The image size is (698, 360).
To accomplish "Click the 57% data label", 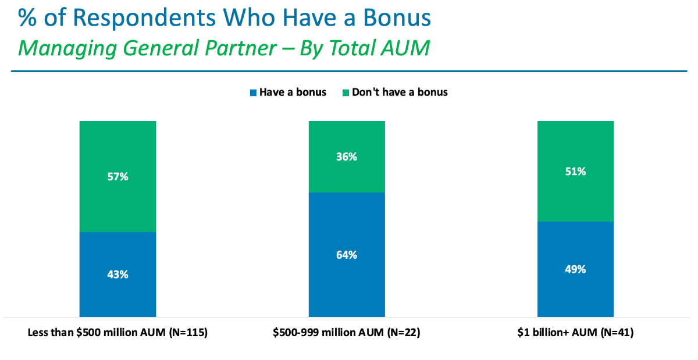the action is point(117,177).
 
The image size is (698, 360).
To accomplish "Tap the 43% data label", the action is point(117,275).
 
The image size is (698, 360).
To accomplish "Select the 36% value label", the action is point(347,156).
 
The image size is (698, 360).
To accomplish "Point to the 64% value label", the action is point(347,255).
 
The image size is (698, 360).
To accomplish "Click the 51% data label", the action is point(575,171).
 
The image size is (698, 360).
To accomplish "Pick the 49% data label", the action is point(575,269).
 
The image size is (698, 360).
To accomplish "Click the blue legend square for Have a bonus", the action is point(253,92).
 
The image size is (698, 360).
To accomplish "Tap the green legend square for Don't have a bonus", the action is point(346,92).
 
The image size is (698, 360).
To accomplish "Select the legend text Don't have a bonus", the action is point(400,92).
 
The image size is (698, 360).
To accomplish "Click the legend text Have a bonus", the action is point(293,92).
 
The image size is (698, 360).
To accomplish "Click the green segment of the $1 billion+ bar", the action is point(575,171).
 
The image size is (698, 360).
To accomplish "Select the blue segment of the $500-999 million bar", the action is point(347,255).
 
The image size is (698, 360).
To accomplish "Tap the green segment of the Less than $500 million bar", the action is point(117,176).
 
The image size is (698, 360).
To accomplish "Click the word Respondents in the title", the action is point(144,18).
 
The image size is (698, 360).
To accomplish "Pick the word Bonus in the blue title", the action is point(397,17).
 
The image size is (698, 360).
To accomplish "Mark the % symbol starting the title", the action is point(27,17).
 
